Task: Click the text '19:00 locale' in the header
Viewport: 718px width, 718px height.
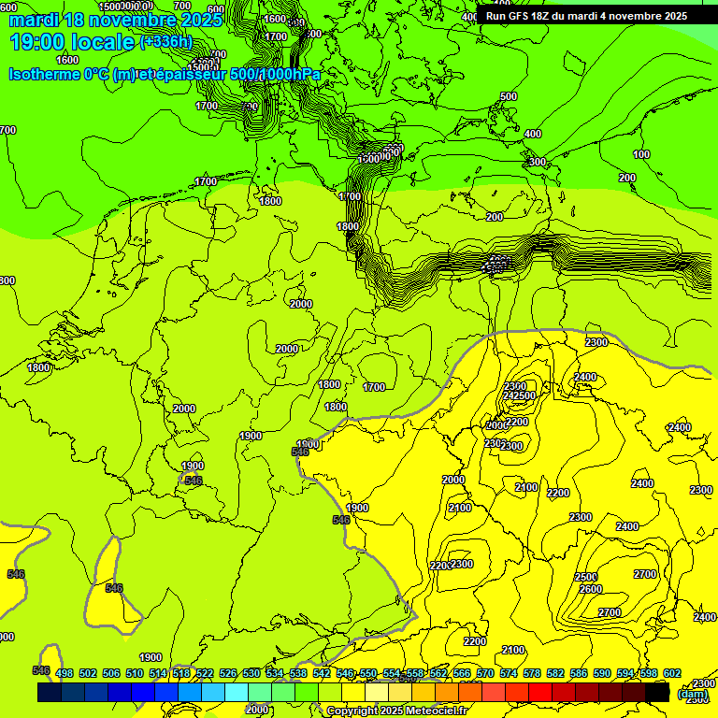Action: point(71,41)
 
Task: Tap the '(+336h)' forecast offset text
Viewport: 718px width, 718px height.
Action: point(165,41)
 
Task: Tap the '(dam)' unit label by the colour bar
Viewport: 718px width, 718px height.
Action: point(692,694)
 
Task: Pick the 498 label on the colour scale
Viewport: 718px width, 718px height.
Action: point(65,673)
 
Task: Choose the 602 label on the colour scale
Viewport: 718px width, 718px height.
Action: point(671,673)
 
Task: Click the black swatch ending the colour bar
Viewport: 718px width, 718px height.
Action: point(657,693)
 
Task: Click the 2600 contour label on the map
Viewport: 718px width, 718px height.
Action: point(590,590)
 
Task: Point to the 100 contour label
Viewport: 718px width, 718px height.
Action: point(641,154)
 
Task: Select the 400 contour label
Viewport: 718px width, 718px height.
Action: point(532,135)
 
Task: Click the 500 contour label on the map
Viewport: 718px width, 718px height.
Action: point(508,96)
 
